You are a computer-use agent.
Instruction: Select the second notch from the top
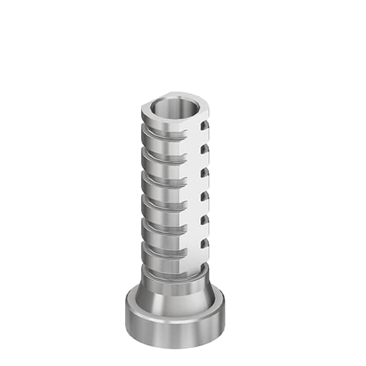coord(205,148)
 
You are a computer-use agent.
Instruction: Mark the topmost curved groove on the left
coord(160,134)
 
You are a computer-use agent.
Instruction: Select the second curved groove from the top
coord(160,158)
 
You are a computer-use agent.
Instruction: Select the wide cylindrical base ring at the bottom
coord(174,326)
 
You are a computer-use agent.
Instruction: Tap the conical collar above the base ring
coord(174,293)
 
